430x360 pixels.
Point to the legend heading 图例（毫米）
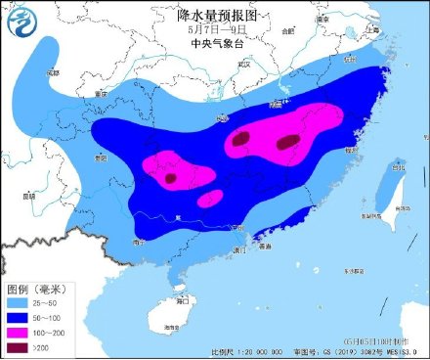pyautogui.click(x=36, y=290)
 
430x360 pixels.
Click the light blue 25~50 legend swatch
pyautogui.click(x=21, y=303)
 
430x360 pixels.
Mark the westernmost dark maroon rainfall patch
pyautogui.click(x=171, y=178)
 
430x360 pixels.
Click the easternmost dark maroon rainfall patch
pyautogui.click(x=287, y=143)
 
